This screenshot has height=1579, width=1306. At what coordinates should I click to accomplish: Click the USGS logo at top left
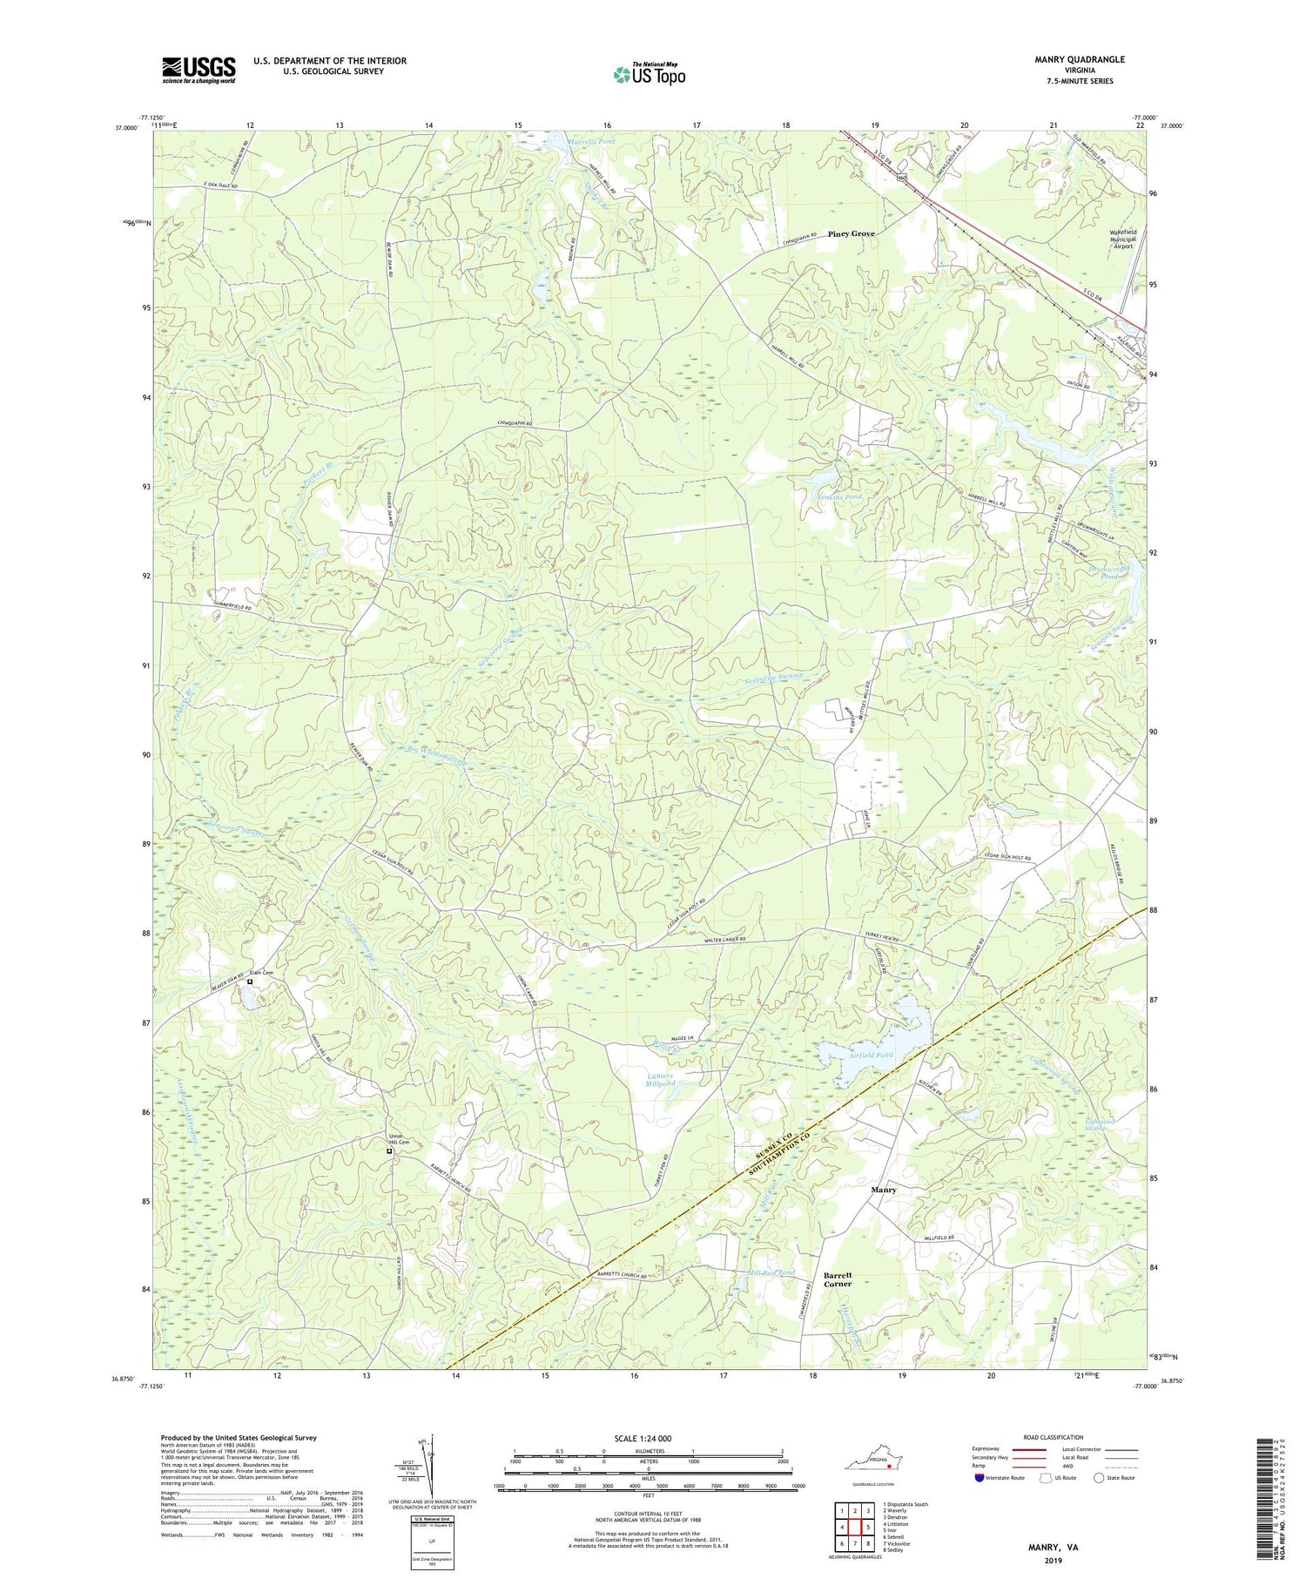click(x=199, y=70)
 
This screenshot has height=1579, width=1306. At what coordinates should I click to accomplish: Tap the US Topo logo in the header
click(x=649, y=75)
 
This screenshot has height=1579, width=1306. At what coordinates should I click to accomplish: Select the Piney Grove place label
click(x=851, y=233)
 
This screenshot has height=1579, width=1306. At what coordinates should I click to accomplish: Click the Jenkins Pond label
click(x=839, y=496)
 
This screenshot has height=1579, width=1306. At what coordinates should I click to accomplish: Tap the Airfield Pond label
click(x=871, y=1055)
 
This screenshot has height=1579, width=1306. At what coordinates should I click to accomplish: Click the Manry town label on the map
click(x=884, y=1189)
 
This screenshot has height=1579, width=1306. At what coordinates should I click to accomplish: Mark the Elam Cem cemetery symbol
click(x=250, y=982)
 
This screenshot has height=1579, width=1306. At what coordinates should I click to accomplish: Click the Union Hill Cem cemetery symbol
click(x=389, y=1151)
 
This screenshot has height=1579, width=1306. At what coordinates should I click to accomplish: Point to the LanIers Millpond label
click(x=662, y=1080)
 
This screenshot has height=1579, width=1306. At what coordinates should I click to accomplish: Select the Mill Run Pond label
click(x=771, y=1272)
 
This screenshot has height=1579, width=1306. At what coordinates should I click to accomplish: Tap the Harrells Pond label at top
click(x=591, y=140)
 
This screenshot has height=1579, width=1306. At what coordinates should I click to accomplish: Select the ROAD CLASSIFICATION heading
click(x=1054, y=1437)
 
